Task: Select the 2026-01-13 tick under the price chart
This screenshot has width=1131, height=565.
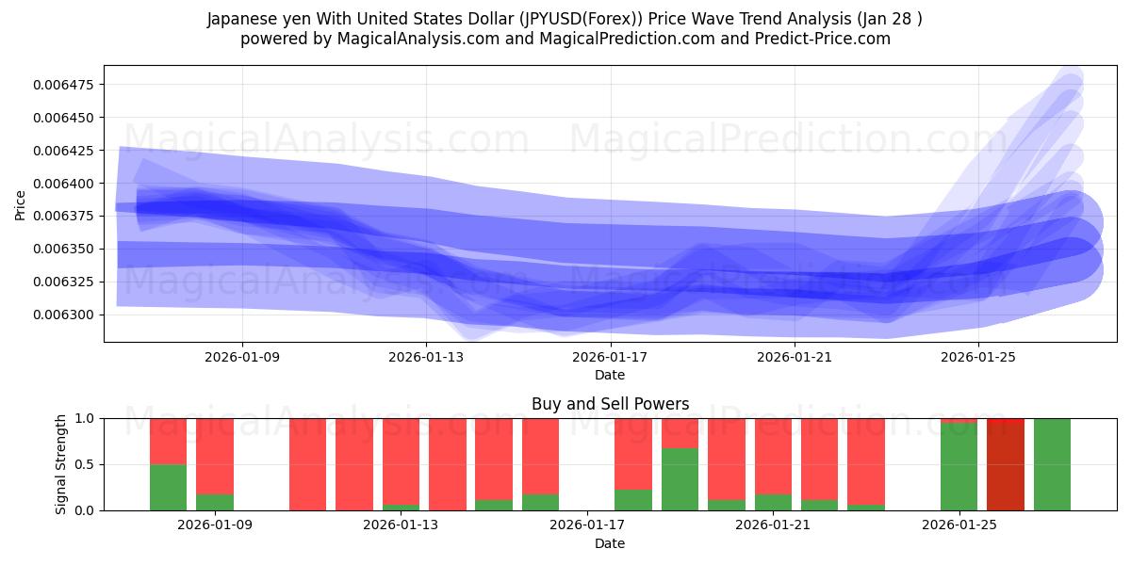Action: (426, 357)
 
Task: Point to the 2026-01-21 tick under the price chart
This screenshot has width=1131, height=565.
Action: (794, 357)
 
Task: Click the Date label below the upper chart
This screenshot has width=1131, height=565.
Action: (610, 375)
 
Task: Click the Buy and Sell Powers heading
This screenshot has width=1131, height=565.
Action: (610, 404)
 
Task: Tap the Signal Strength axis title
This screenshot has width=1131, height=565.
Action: (61, 464)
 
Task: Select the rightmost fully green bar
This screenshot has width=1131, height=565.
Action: (1052, 464)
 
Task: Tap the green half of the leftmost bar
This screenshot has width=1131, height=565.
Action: (168, 488)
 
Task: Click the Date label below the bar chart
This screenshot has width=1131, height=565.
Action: (610, 543)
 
